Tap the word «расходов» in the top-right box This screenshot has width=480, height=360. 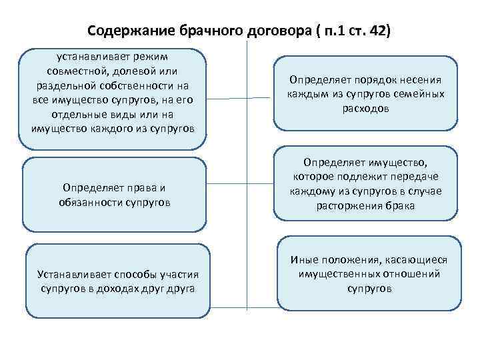[365, 107]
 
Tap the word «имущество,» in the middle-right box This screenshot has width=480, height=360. [401, 162]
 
